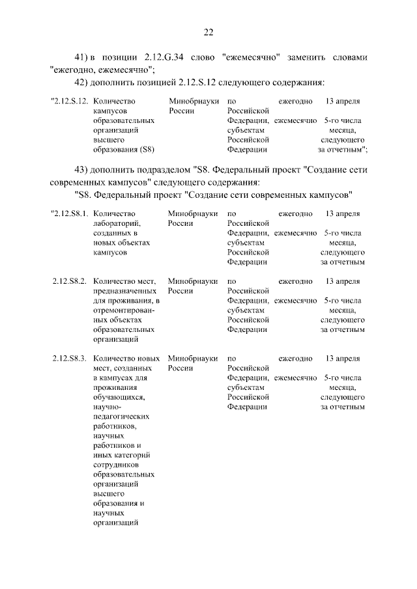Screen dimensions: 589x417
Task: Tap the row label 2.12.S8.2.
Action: pyautogui.click(x=70, y=281)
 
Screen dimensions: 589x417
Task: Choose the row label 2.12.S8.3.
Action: pyautogui.click(x=70, y=359)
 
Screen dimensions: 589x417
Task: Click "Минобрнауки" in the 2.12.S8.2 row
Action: pyautogui.click(x=192, y=281)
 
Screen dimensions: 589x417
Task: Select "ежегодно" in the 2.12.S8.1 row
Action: pyautogui.click(x=295, y=213)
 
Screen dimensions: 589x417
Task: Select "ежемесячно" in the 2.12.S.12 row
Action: pyautogui.click(x=295, y=121)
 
